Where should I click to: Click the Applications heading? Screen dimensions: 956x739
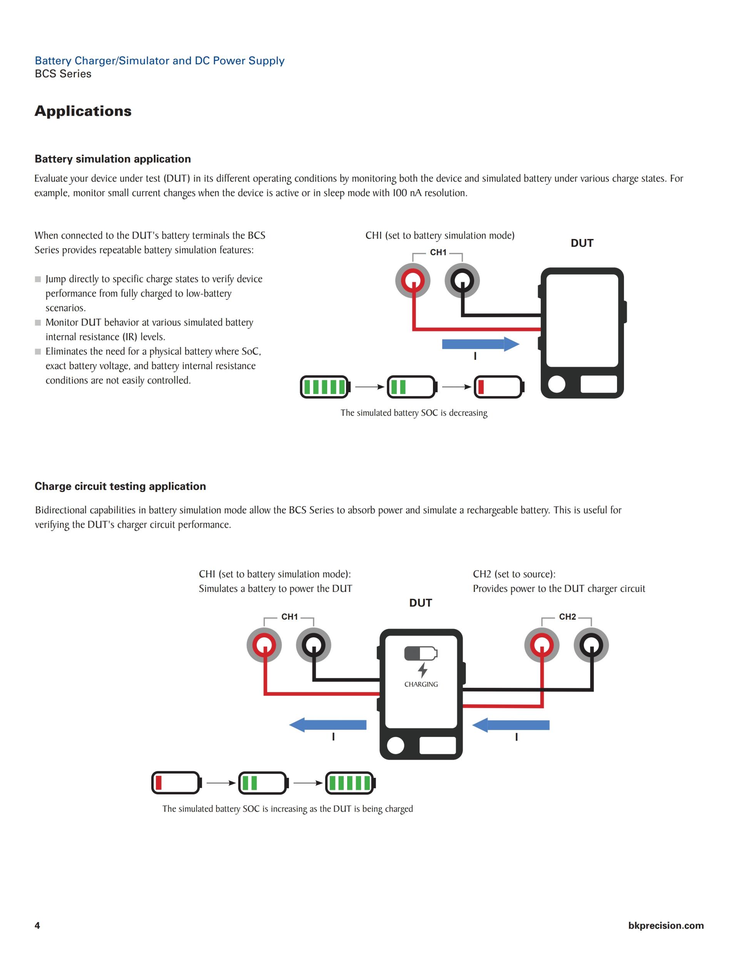[83, 111]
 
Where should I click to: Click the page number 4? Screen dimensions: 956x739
[37, 925]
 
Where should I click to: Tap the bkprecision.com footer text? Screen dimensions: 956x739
[665, 925]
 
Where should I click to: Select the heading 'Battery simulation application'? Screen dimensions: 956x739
[112, 159]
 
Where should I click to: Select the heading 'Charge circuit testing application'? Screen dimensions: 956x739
[120, 486]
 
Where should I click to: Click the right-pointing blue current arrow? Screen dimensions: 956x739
[480, 344]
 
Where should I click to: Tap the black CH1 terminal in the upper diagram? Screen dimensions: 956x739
[462, 281]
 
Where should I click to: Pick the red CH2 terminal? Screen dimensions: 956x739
[542, 645]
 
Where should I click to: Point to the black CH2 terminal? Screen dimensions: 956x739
[592, 645]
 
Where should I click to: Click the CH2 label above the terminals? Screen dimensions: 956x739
[567, 617]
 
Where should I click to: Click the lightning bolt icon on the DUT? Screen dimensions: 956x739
[423, 670]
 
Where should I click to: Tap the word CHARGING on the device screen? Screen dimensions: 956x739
[421, 685]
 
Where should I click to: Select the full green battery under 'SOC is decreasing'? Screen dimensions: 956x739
[325, 387]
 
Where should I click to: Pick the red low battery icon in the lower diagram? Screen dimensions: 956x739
[176, 783]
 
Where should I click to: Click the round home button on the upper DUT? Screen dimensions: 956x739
[557, 384]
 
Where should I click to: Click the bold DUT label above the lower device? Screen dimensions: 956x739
[420, 603]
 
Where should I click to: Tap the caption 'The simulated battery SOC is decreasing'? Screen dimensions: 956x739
[414, 413]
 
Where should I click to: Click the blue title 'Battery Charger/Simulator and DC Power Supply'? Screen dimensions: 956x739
[159, 61]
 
